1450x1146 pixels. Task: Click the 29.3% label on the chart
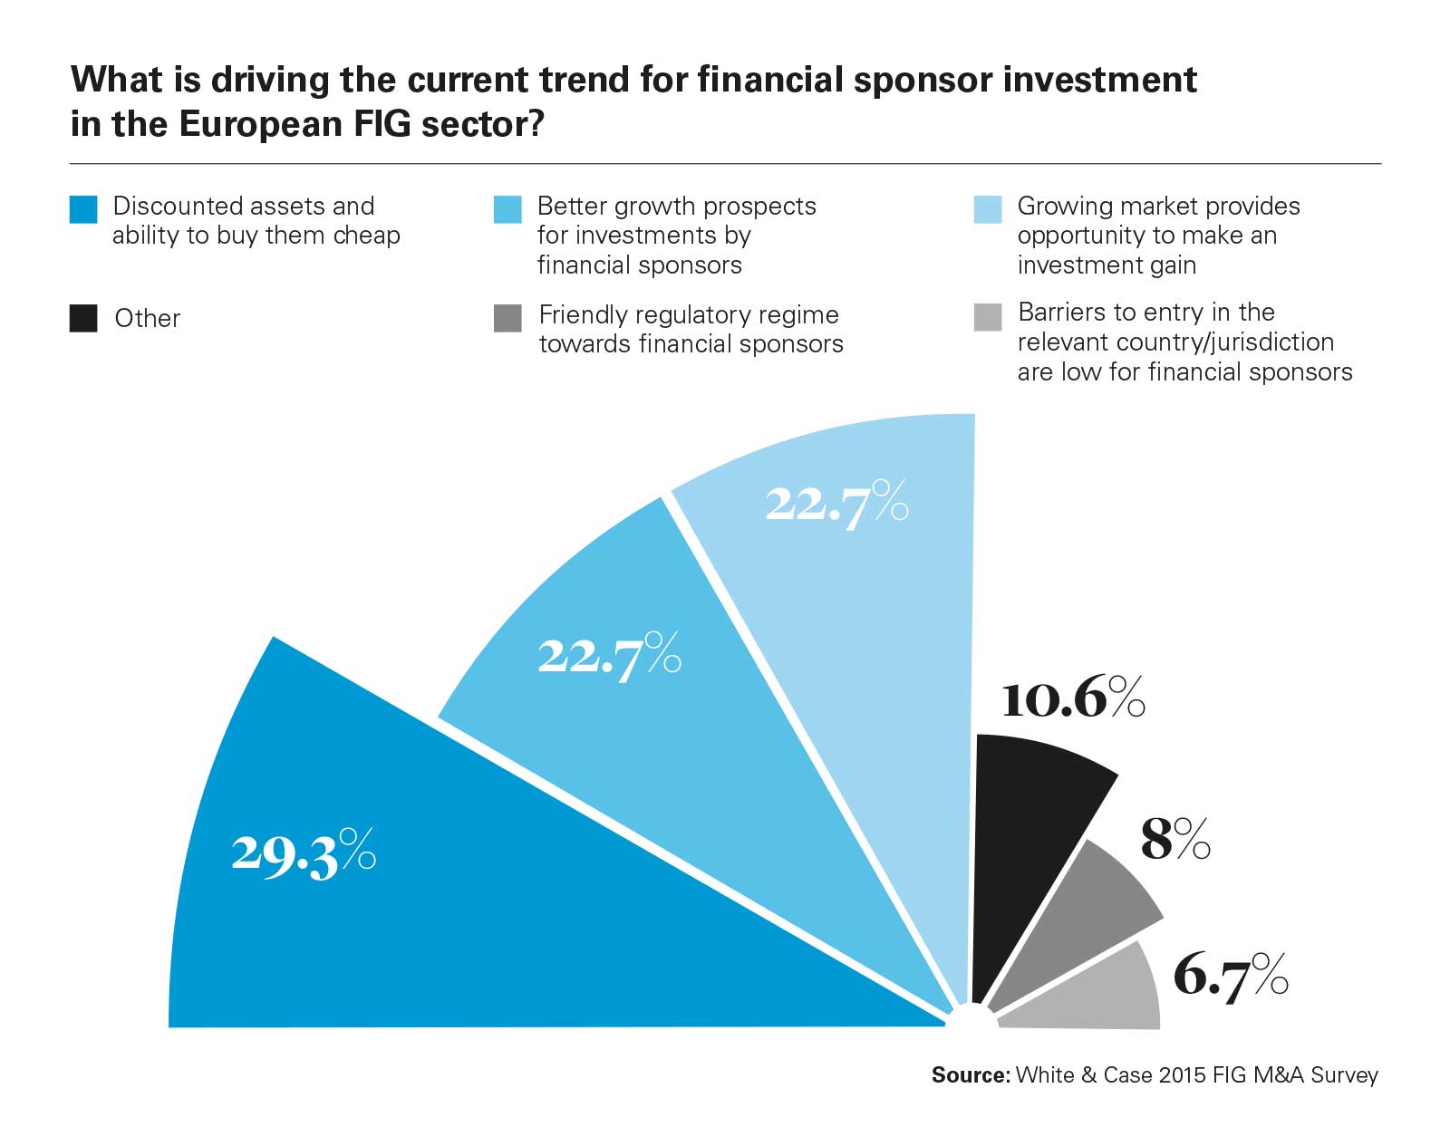303,852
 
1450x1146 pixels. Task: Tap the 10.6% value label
1073,698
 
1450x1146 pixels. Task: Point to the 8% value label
1174,838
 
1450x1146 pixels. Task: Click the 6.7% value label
1230,976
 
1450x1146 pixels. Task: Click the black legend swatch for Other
83,319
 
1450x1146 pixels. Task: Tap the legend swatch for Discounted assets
83,209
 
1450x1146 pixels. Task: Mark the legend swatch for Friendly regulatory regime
507,319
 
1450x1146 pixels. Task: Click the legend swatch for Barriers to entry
988,317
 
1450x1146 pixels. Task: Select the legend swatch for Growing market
988,209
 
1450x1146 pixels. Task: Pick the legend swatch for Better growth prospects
507,209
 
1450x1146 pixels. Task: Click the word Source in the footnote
970,1075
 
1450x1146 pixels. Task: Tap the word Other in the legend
148,319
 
